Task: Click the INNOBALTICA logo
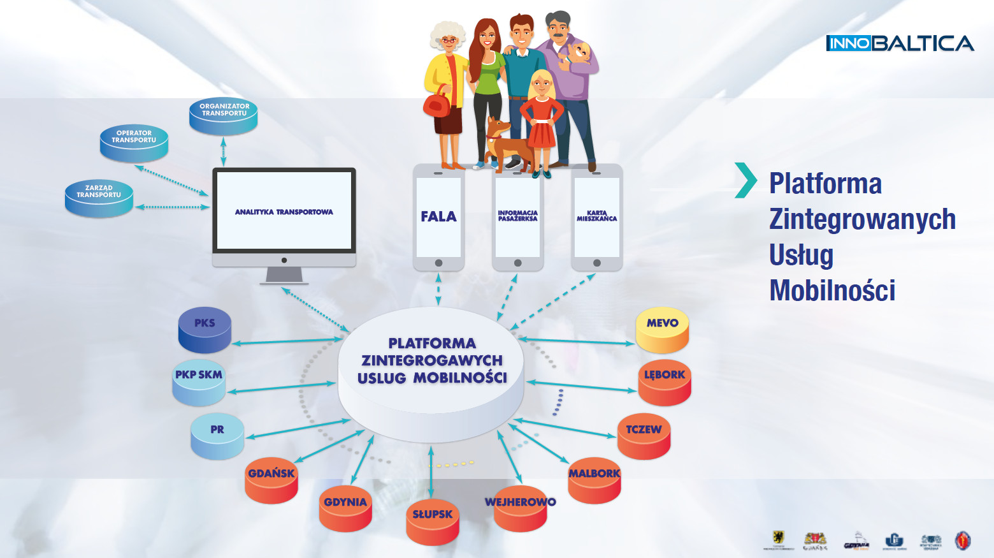tap(900, 43)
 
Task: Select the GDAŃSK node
tap(271, 480)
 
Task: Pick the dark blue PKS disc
tap(205, 329)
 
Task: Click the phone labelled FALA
tap(438, 217)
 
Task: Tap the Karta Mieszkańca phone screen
tap(596, 217)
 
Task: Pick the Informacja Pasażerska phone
tap(517, 217)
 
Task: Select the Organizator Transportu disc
tap(224, 115)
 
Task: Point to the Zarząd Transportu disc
tap(99, 197)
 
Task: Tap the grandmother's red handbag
tap(437, 103)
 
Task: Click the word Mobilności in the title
tap(832, 291)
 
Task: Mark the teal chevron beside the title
tap(745, 180)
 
